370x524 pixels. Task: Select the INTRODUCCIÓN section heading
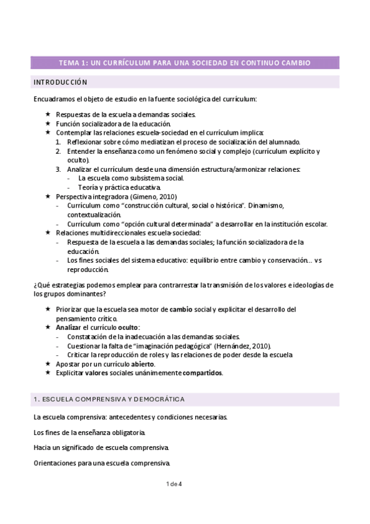[x=60, y=82]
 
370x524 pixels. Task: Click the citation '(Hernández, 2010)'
[x=242, y=345]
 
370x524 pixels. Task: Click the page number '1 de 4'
[x=175, y=483]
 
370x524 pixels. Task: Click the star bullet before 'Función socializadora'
[x=49, y=123]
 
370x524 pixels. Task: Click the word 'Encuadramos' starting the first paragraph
[x=54, y=99]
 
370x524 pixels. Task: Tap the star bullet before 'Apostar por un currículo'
[x=49, y=364]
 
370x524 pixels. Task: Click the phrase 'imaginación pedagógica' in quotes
[x=177, y=345]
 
